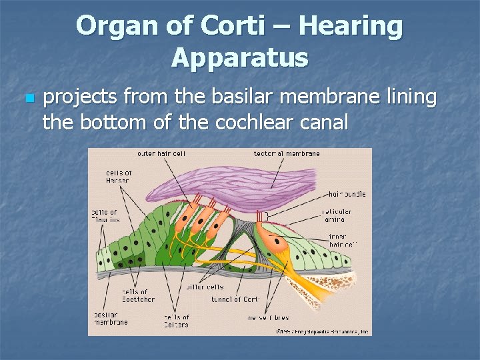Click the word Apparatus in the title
pos(240,57)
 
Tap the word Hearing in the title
pos(351,26)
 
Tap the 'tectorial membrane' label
pos(287,153)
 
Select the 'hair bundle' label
pos(347,194)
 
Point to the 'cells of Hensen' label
pos(119,177)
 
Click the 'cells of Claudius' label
pos(105,215)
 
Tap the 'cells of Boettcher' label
pos(137,295)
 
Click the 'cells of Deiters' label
pos(177,321)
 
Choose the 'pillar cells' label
pos(204,287)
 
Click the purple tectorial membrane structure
pos(267,181)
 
